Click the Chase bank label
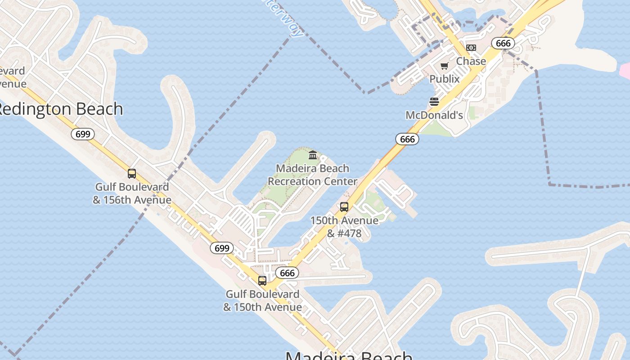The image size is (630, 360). (x=471, y=61)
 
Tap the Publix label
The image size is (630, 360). (x=445, y=79)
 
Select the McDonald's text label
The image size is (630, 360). (x=434, y=115)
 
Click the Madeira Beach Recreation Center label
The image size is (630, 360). (x=313, y=175)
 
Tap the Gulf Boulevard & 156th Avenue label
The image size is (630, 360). (x=132, y=193)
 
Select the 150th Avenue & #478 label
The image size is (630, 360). (x=344, y=227)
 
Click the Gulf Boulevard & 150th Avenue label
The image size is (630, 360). (x=262, y=300)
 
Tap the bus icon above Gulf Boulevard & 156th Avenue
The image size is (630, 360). (x=132, y=174)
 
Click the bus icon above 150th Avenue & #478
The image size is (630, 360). (x=344, y=207)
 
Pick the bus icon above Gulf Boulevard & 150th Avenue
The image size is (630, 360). (x=262, y=281)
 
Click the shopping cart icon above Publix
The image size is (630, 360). (x=445, y=66)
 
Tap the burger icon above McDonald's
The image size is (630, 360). (x=434, y=102)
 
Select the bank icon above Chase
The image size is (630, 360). (x=471, y=48)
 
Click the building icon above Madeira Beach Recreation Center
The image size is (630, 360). (x=313, y=155)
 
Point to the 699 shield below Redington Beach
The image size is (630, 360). (x=83, y=134)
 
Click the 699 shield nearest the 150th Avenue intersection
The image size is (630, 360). (x=222, y=248)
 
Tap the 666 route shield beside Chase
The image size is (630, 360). (x=503, y=43)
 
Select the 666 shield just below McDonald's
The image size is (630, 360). (x=407, y=139)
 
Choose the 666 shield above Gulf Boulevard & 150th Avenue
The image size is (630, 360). (x=287, y=273)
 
